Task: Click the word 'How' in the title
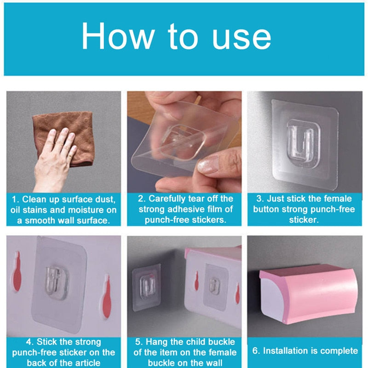tap(114, 36)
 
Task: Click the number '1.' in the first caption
tap(15, 200)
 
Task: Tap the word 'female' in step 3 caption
tap(336, 199)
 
